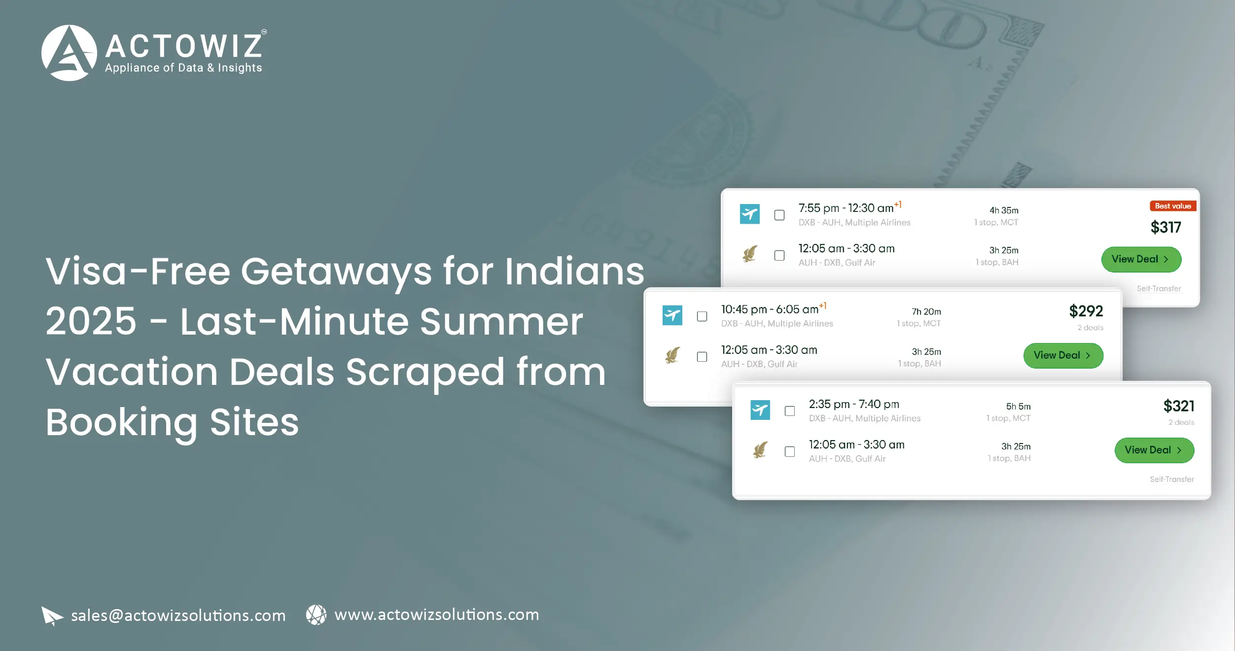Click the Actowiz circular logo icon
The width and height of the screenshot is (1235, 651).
click(69, 53)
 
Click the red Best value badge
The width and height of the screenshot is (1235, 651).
click(1173, 206)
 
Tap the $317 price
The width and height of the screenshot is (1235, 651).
click(1166, 227)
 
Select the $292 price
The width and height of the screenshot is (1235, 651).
click(1086, 311)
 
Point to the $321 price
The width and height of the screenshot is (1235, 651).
click(1179, 406)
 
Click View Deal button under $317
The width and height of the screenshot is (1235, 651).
click(1141, 259)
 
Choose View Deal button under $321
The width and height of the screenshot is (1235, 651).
click(1154, 450)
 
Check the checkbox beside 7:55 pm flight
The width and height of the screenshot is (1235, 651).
click(779, 215)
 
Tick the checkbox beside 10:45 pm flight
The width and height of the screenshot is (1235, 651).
click(702, 316)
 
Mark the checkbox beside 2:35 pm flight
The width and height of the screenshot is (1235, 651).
click(790, 411)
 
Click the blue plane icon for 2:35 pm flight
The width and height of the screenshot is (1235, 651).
click(760, 410)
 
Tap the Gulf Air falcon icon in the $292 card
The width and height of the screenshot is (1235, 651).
click(672, 355)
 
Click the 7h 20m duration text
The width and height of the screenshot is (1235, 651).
click(926, 311)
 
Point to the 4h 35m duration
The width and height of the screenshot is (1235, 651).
click(1004, 210)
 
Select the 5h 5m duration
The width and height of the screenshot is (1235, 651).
click(1018, 407)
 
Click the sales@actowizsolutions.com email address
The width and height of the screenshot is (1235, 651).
click(178, 616)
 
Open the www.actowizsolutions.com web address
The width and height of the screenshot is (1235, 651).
click(437, 615)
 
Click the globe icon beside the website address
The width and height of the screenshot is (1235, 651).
click(316, 615)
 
